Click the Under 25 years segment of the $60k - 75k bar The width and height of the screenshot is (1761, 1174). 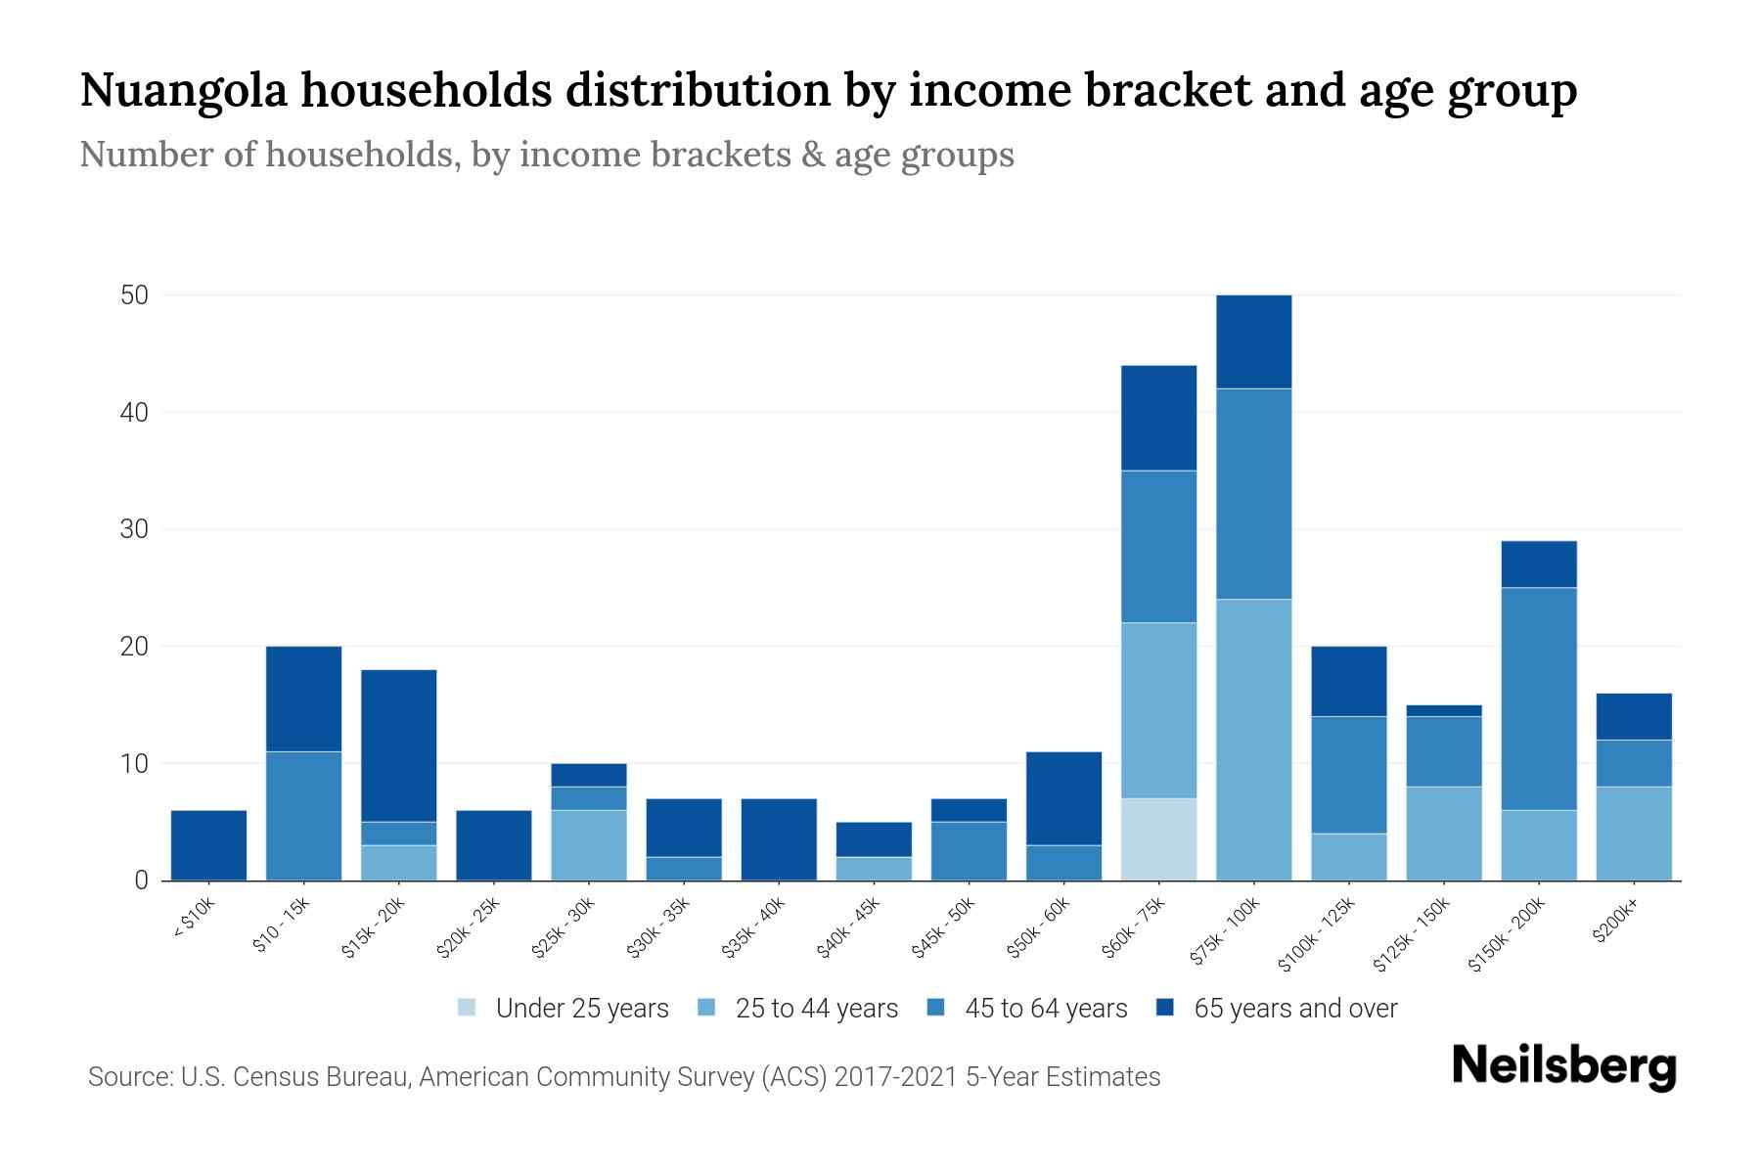point(1158,839)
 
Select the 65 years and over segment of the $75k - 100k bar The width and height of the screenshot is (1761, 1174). point(1253,341)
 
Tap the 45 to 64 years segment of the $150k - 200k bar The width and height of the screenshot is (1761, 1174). point(1538,699)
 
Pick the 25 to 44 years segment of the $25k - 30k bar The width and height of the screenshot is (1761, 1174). point(589,845)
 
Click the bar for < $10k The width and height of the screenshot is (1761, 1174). point(208,845)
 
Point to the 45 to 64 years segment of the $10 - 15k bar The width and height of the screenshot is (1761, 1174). point(303,816)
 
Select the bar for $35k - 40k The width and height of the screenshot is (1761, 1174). point(779,839)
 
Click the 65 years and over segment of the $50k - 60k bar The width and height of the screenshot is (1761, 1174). point(1063,798)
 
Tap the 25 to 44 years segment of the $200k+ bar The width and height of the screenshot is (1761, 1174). point(1633,834)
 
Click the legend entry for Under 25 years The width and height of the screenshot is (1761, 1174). point(581,1009)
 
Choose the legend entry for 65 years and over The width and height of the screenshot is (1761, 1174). point(1294,1009)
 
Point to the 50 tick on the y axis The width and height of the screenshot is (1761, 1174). point(134,295)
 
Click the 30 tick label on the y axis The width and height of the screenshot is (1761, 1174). point(134,529)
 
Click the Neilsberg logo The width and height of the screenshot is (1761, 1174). point(1563,1065)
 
